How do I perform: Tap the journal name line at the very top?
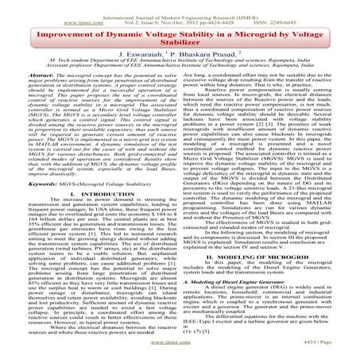pos(180,5)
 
